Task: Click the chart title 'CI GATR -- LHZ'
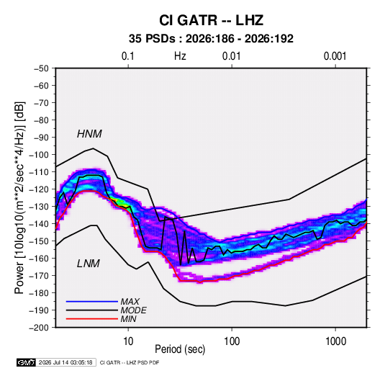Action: point(211,20)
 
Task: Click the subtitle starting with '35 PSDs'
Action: point(211,39)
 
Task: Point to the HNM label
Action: point(89,134)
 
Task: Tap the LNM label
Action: point(89,264)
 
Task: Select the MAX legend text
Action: point(130,302)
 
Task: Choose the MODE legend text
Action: point(133,310)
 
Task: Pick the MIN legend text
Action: point(128,319)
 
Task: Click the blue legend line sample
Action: point(92,302)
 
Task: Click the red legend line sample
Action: point(92,319)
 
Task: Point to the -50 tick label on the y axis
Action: point(41,68)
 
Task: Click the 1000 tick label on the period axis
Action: point(335,341)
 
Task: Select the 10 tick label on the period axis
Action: point(128,341)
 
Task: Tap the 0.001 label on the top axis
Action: point(335,56)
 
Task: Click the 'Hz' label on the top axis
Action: point(180,56)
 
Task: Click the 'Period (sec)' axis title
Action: point(180,349)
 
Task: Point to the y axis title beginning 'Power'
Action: point(19,197)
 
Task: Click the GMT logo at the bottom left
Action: point(26,362)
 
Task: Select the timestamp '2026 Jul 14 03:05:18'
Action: point(65,362)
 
